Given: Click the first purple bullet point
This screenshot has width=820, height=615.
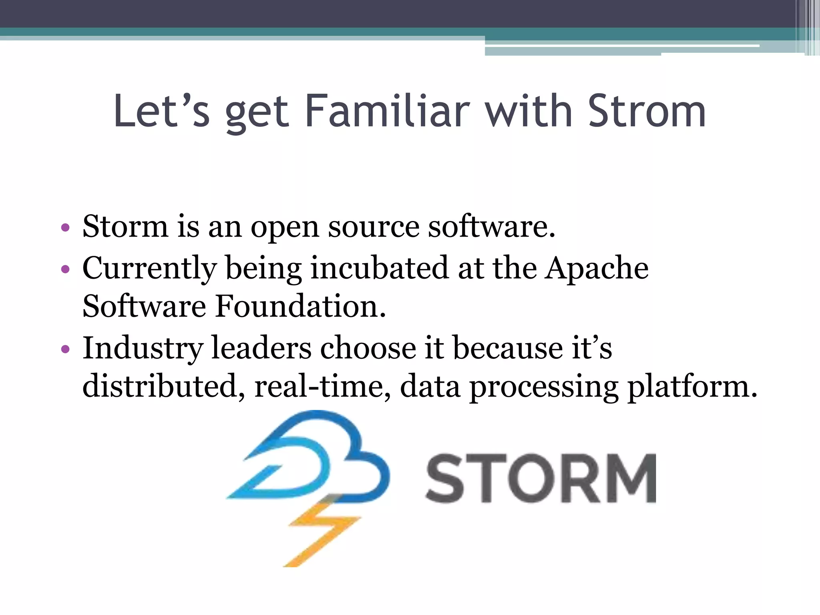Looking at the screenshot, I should coord(65,228).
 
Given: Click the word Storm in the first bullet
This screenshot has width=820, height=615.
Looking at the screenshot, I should coord(125,227).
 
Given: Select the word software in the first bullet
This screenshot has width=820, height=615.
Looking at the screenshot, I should coord(491,227).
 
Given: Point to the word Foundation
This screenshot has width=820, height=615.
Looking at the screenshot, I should coord(300,306).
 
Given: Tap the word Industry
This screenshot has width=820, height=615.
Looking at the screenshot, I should coord(143,348).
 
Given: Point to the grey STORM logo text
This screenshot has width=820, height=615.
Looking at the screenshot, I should coord(541,478).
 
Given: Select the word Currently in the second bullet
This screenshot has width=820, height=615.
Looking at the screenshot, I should coord(149,269).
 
